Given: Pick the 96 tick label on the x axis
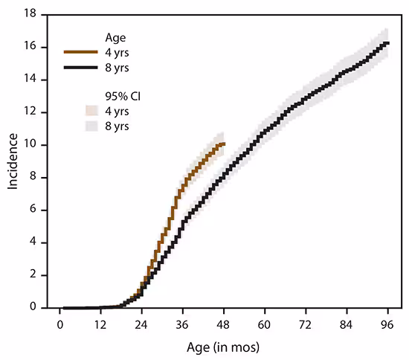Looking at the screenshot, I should [x=387, y=325].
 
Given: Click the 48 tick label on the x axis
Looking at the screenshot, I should [x=222, y=325].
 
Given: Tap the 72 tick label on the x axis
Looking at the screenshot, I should [x=305, y=325].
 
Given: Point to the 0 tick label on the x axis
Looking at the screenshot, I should [x=59, y=325].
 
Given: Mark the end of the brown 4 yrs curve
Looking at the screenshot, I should [x=223, y=144].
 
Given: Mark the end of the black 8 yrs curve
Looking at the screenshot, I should [x=387, y=42].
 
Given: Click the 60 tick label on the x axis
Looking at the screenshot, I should [x=263, y=325].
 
